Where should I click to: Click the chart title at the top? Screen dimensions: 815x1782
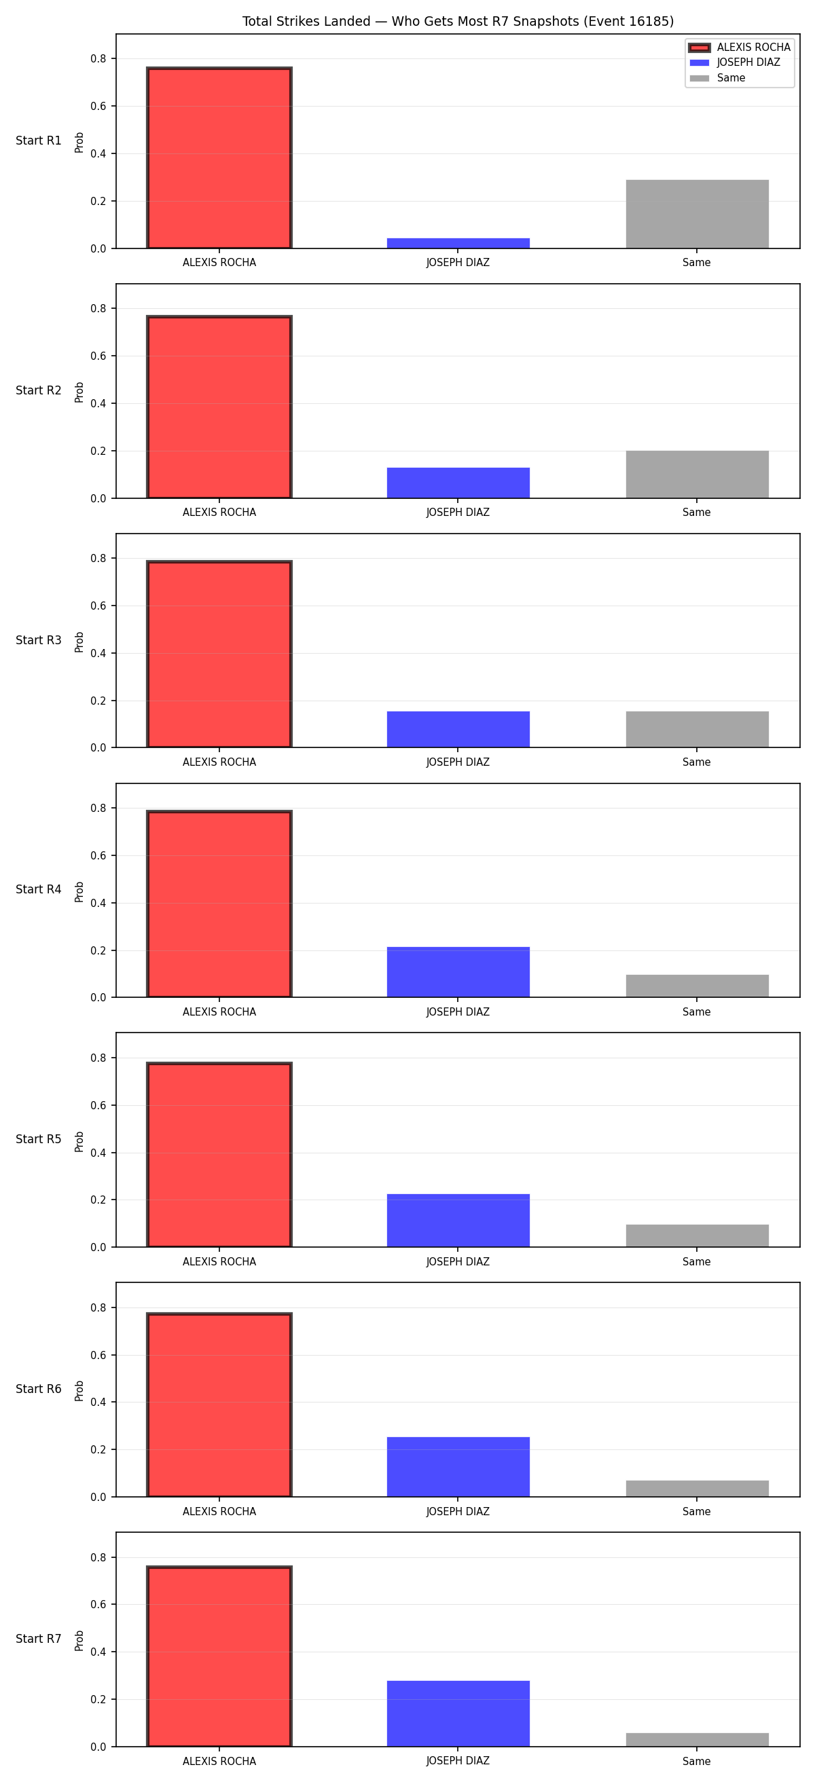[457, 22]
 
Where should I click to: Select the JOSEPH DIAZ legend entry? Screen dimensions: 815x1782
[735, 62]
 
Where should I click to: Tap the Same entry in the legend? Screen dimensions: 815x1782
[717, 78]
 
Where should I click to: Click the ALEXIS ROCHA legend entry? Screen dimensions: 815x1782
[740, 47]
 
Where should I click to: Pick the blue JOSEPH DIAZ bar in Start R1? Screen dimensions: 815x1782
[458, 244]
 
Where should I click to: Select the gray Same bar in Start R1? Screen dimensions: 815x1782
[697, 215]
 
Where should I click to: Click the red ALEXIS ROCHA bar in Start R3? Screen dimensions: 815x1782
[219, 654]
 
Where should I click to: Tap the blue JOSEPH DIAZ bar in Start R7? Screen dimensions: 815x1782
[458, 1713]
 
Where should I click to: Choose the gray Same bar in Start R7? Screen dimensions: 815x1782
[697, 1739]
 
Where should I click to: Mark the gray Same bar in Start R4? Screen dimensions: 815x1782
[697, 986]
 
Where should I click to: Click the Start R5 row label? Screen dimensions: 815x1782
[39, 1139]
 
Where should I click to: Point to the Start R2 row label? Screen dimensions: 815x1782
[39, 390]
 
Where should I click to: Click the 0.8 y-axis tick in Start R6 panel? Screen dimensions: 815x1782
[98, 1307]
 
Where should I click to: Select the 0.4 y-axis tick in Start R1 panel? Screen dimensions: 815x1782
[98, 153]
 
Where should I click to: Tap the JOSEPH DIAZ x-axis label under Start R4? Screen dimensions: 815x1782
[458, 1012]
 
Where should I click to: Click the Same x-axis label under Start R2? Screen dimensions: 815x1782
[697, 513]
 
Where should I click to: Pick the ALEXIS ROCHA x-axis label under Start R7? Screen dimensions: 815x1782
[219, 1761]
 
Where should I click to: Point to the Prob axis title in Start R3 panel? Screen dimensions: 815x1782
[79, 642]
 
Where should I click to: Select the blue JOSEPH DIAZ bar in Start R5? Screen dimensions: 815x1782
[458, 1221]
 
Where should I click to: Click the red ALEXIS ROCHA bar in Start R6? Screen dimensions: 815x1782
[219, 1405]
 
